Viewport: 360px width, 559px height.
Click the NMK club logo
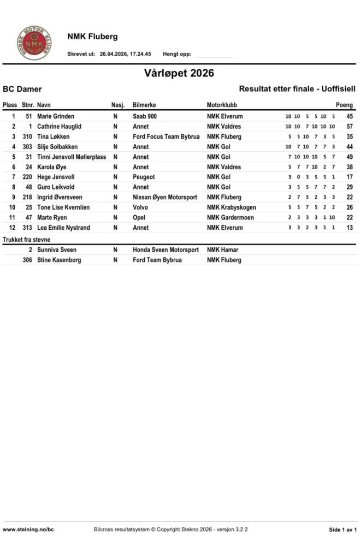[33, 43]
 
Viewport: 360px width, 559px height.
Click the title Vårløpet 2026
[179, 73]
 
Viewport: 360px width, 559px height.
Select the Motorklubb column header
[222, 105]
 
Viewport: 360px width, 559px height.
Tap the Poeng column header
[344, 105]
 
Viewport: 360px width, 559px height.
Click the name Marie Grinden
[56, 116]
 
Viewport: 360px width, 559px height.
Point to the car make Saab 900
[145, 116]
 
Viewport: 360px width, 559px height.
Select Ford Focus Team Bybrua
[166, 136]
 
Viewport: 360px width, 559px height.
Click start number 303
[27, 147]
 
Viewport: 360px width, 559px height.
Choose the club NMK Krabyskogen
[231, 207]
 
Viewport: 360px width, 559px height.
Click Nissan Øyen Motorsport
[167, 197]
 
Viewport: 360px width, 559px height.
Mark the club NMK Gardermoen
[230, 217]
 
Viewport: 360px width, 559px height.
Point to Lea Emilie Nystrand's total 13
[349, 228]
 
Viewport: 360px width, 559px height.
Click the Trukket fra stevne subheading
[26, 240]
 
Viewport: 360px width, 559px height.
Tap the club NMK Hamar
[223, 250]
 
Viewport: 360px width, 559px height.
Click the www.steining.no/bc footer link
[28, 530]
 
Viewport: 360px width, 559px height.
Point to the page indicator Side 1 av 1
[343, 530]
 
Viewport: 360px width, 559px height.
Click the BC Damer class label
[22, 89]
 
